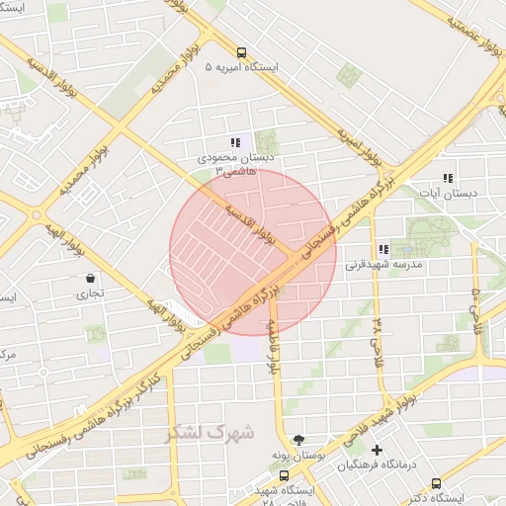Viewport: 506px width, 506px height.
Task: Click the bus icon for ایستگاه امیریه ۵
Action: point(241,52)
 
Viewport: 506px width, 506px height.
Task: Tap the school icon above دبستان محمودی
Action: point(234,142)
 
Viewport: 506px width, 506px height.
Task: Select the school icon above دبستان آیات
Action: point(448,179)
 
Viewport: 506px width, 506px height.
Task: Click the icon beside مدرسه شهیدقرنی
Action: point(382,249)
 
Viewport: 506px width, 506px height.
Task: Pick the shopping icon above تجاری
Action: point(91,279)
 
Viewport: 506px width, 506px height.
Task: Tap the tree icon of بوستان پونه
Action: point(298,439)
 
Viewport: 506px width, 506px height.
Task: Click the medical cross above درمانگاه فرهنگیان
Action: point(377,451)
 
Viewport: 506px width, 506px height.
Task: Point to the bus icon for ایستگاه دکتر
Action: point(436,483)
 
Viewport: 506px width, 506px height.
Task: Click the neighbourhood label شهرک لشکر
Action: point(211,432)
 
